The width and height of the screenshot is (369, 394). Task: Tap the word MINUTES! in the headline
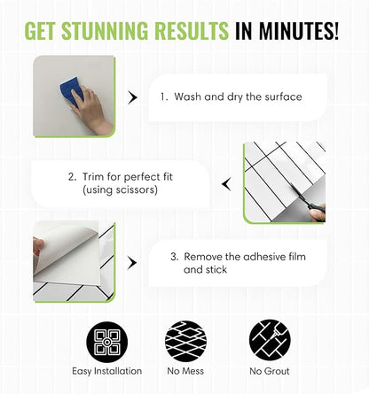(299, 30)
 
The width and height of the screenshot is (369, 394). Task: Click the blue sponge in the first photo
(70, 91)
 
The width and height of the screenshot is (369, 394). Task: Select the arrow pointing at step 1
(133, 97)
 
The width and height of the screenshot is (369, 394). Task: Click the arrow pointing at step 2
(226, 184)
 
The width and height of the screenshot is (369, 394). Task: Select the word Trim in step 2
(93, 177)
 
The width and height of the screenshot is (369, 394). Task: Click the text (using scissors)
(120, 189)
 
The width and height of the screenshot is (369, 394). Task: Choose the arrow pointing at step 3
(132, 263)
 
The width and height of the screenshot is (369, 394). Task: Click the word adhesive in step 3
(265, 257)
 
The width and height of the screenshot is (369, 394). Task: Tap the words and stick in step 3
(205, 269)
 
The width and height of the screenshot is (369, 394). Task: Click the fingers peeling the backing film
(38, 247)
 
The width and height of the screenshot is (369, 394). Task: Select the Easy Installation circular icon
(107, 343)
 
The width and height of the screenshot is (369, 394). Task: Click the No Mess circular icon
(185, 342)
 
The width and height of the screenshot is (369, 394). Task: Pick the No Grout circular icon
(270, 340)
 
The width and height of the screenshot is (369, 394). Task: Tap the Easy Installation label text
(107, 371)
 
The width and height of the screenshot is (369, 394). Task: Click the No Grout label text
(270, 371)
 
